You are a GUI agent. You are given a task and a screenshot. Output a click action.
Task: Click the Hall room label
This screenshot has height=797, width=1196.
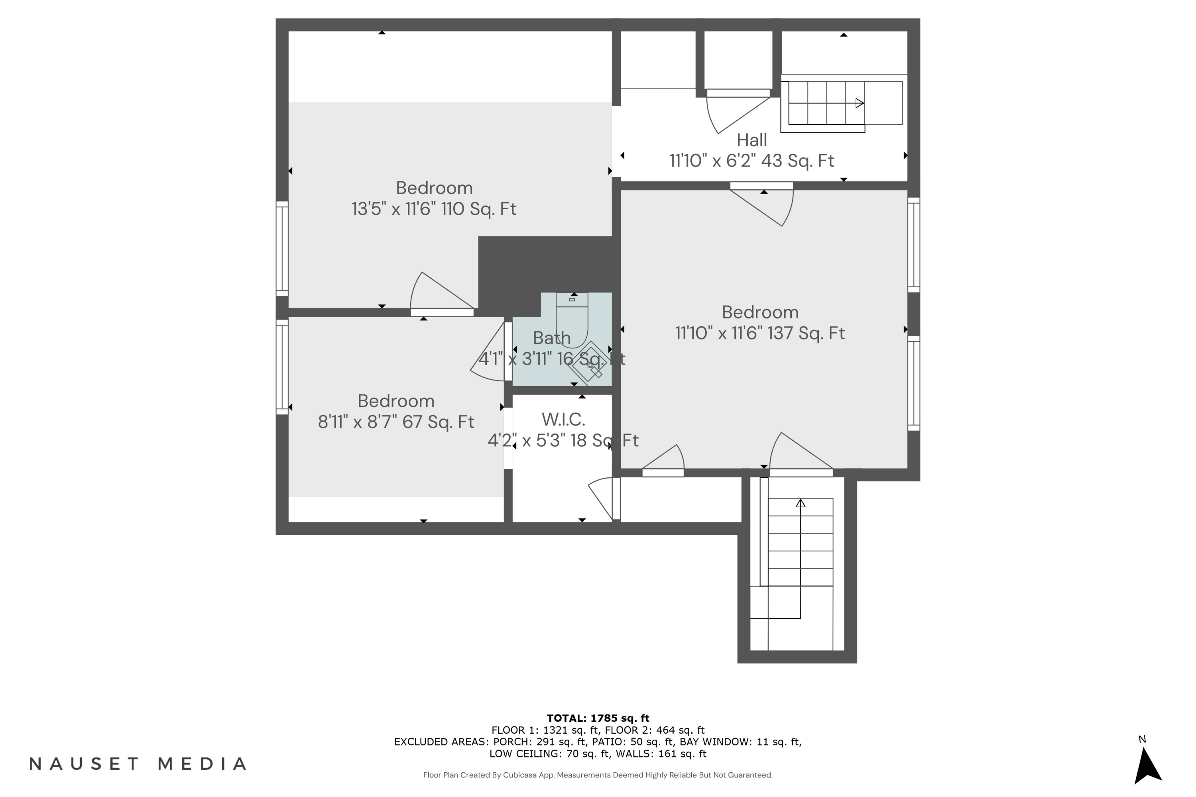coord(751,140)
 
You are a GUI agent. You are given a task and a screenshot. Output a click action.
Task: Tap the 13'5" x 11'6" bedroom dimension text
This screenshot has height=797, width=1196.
coord(434,209)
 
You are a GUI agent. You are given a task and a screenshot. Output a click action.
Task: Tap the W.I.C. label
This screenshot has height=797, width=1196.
coord(563,419)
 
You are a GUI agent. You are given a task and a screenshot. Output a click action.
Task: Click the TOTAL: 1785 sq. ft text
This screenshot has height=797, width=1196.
coord(598,718)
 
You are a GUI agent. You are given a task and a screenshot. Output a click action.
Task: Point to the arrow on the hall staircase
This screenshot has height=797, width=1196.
coord(859,103)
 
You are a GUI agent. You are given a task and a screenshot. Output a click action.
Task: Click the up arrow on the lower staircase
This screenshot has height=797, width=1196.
coord(801,503)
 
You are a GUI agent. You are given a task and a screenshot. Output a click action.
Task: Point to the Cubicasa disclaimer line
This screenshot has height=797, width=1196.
coord(598,775)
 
